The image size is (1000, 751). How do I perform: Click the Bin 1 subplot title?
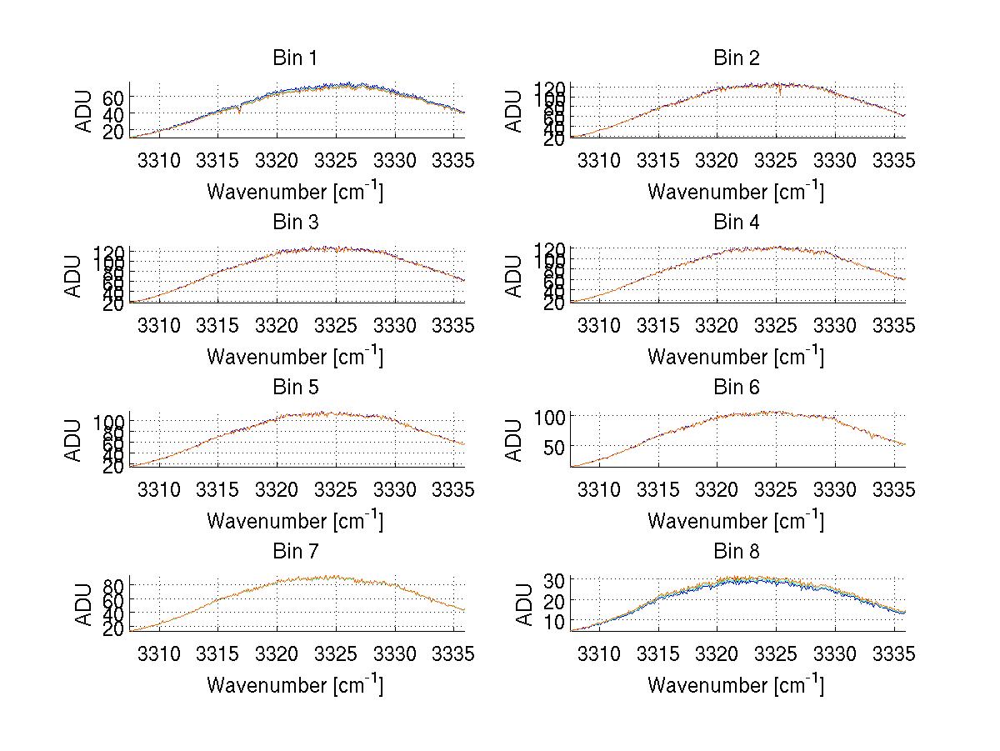pyautogui.click(x=295, y=58)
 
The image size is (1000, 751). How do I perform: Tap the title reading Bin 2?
pyautogui.click(x=736, y=58)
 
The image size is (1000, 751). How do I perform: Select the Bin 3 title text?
pyautogui.click(x=295, y=223)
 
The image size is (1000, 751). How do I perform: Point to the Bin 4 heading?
pyautogui.click(x=736, y=223)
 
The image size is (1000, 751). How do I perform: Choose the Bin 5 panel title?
pyautogui.click(x=295, y=388)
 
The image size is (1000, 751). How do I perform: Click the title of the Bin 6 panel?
pyautogui.click(x=736, y=388)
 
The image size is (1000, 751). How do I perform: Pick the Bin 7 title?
pyautogui.click(x=295, y=552)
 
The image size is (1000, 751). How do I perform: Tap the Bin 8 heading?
pyautogui.click(x=736, y=552)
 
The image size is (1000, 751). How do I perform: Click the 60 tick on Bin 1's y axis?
pyautogui.click(x=114, y=97)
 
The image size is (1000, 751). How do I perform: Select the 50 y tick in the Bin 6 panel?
pyautogui.click(x=555, y=447)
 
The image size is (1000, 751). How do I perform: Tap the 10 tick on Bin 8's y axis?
pyautogui.click(x=555, y=622)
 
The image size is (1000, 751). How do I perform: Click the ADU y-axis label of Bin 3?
pyautogui.click(x=73, y=275)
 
